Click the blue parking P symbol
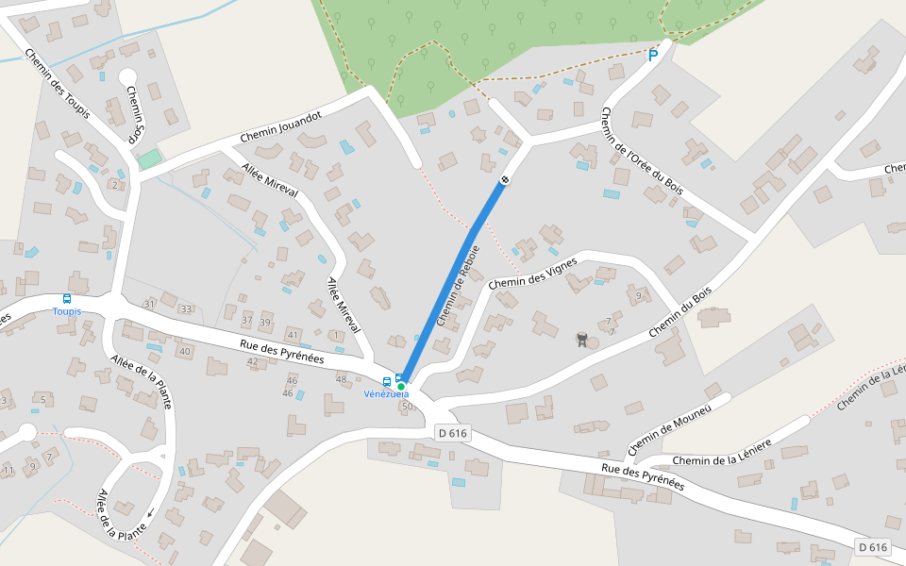click(x=652, y=57)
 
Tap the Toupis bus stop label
click(x=66, y=311)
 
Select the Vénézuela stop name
click(x=387, y=394)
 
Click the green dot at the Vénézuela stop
click(x=401, y=387)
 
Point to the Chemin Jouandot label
click(x=280, y=127)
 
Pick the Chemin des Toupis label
click(x=58, y=84)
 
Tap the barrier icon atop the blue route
click(x=505, y=179)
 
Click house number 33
click(x=186, y=309)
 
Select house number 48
click(x=341, y=379)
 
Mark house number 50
click(x=407, y=407)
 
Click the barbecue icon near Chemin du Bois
click(x=582, y=339)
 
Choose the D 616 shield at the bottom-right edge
click(x=874, y=547)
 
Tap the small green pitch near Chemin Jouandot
click(x=149, y=159)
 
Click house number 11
click(x=8, y=470)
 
